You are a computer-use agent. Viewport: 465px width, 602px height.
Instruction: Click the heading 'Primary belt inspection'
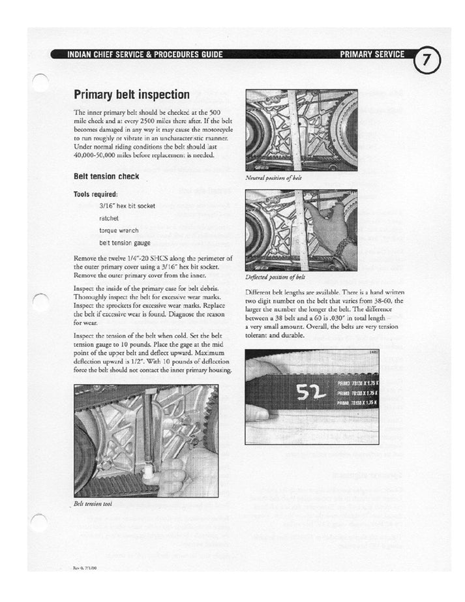[131, 95]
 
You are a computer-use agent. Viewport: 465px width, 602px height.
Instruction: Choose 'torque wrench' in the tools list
[119, 230]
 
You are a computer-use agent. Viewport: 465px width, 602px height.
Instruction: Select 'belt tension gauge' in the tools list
[124, 242]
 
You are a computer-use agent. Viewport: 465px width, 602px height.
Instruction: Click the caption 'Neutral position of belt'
[273, 177]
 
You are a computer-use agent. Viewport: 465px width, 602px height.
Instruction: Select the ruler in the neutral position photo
[296, 130]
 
